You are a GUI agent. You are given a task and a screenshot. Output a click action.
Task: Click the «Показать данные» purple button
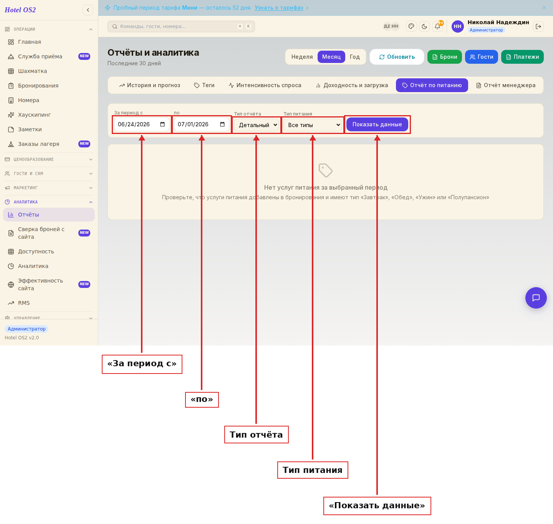click(377, 124)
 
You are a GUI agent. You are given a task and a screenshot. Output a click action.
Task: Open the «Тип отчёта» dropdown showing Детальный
click(257, 125)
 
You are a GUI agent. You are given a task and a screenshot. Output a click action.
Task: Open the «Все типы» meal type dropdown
click(313, 125)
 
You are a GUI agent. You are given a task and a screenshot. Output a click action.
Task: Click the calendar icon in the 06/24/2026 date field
click(162, 124)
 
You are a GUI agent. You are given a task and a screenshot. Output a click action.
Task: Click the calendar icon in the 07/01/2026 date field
click(222, 124)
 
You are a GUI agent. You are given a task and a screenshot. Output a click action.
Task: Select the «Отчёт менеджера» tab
click(505, 85)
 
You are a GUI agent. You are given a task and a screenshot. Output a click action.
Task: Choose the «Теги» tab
click(204, 85)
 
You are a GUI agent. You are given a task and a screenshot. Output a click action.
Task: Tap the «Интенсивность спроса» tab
click(265, 85)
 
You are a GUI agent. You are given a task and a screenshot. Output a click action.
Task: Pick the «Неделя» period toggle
click(302, 57)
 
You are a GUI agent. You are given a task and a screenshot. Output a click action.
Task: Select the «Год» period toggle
click(354, 57)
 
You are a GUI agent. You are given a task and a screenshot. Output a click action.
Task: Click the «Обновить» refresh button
click(397, 57)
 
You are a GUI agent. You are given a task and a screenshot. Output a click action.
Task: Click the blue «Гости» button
click(481, 57)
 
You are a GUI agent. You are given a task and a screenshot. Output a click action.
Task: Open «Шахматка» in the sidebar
click(32, 71)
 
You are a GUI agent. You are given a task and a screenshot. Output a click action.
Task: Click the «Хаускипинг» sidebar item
click(34, 115)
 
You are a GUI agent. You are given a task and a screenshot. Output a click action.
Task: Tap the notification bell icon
click(437, 26)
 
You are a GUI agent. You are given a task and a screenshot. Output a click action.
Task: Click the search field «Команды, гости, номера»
click(181, 26)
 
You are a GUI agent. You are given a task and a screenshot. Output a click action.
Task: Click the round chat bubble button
click(536, 298)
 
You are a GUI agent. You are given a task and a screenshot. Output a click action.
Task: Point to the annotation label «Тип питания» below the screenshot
click(313, 470)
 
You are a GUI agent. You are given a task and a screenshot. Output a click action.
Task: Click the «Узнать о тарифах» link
click(279, 8)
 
